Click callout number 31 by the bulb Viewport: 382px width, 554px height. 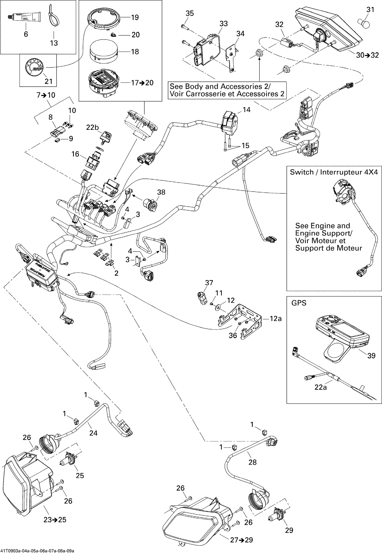[370, 10]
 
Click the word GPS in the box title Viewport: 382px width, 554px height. [299, 303]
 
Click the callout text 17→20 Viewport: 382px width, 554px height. [142, 83]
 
